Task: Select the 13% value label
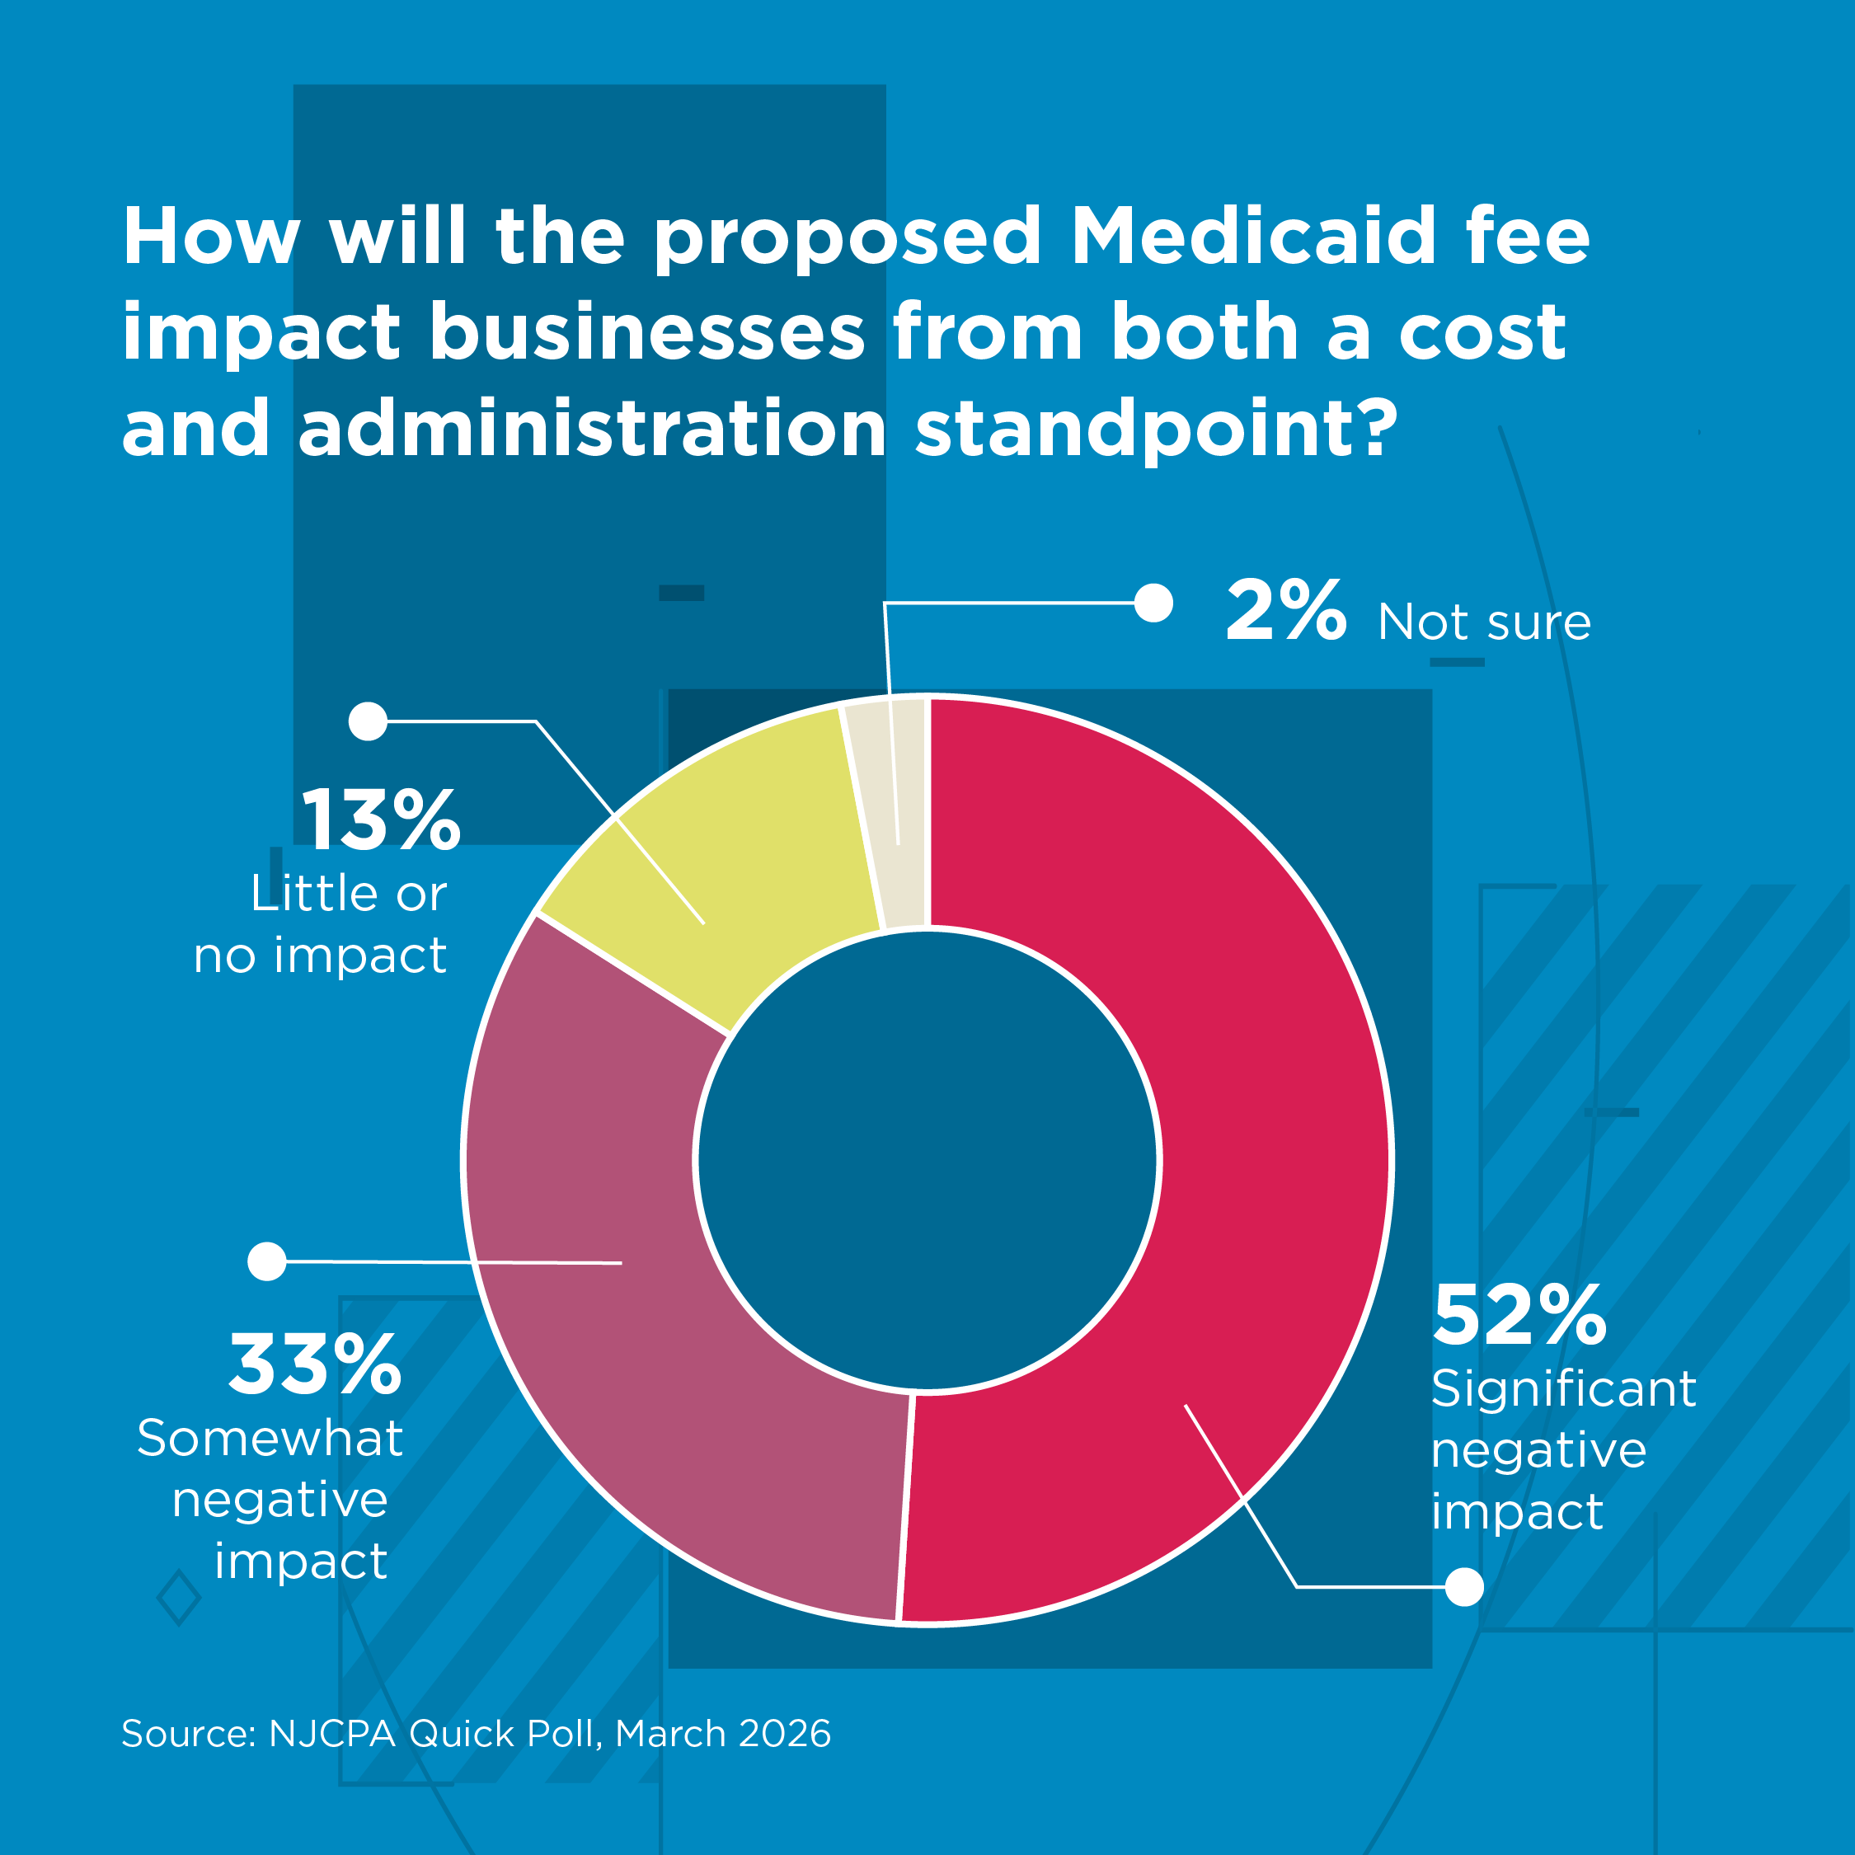click(x=381, y=820)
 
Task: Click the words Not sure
click(x=1484, y=622)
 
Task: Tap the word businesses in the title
click(x=647, y=332)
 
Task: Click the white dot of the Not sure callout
click(x=1153, y=603)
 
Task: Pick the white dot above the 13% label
click(x=368, y=721)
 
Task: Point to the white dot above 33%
click(x=267, y=1261)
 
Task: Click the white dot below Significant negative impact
click(x=1464, y=1587)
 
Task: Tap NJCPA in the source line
click(x=332, y=1734)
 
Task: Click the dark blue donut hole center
click(x=927, y=1160)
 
